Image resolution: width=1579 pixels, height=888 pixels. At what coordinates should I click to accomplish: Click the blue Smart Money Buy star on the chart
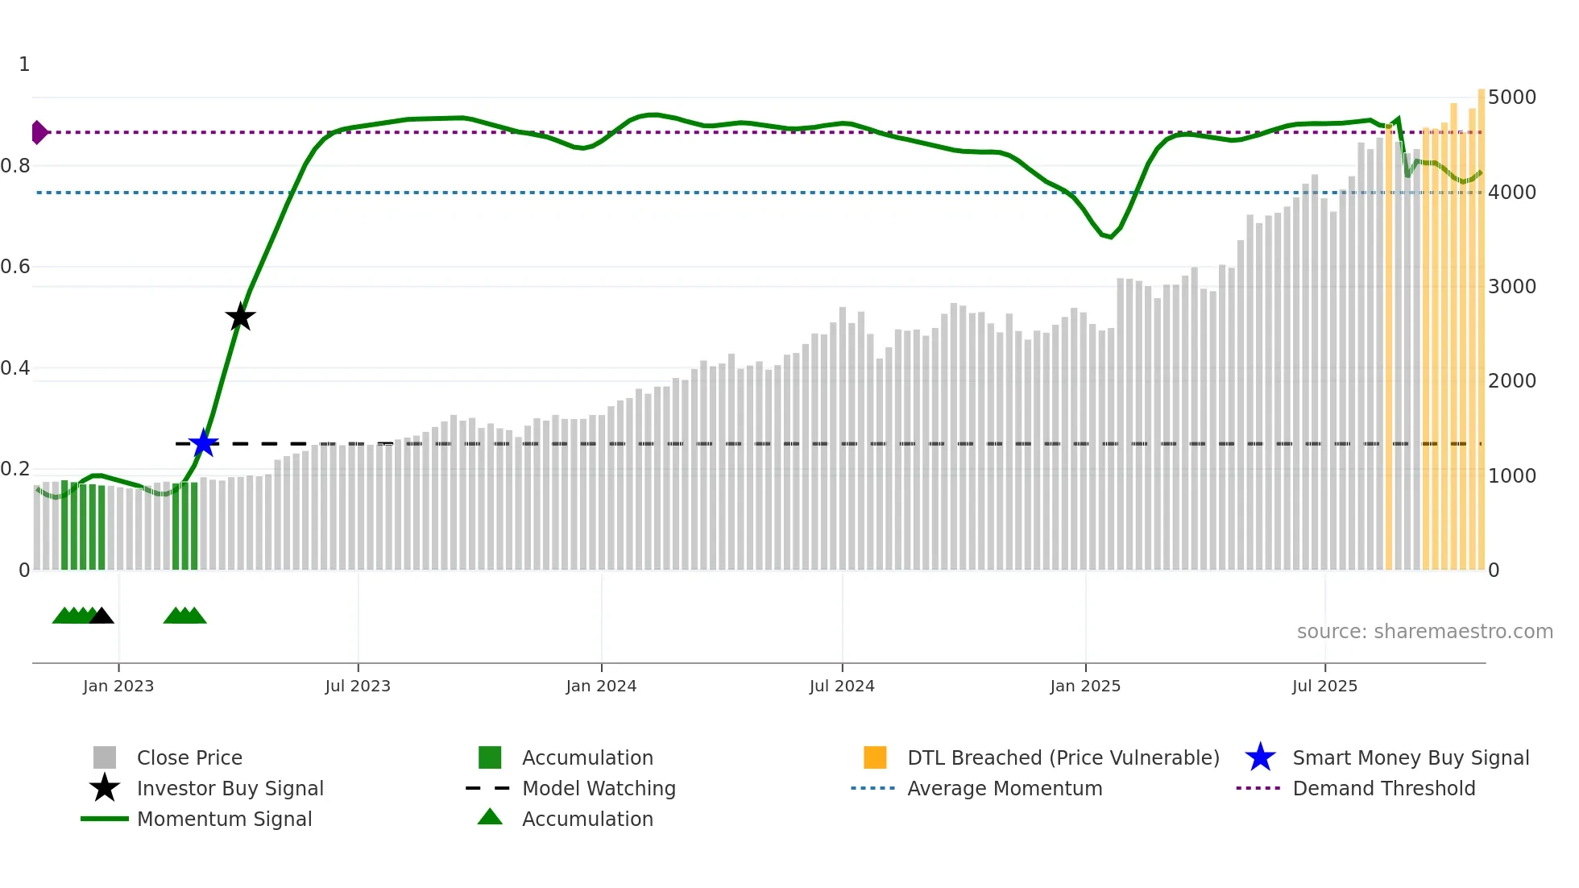204,443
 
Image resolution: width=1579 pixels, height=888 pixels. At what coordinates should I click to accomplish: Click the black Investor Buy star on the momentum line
240,317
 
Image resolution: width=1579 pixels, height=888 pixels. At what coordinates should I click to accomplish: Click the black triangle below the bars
102,616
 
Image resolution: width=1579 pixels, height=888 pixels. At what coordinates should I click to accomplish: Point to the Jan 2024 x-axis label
601,686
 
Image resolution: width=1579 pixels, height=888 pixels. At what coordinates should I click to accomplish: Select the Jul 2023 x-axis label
358,686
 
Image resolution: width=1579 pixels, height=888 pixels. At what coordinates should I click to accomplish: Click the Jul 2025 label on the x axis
1324,686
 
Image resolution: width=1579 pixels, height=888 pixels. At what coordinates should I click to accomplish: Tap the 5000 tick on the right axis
1512,98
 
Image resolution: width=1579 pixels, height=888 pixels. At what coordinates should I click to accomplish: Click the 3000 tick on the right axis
1512,287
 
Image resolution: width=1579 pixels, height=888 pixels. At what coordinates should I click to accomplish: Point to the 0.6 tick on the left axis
16,267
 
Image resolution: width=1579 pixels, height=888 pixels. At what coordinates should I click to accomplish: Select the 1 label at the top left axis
24,64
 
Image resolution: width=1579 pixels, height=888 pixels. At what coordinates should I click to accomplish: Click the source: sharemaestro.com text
1424,632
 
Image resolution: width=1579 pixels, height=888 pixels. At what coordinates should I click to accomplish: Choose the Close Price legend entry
189,757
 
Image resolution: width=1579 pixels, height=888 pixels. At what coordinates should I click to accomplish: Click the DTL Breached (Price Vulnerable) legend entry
1063,757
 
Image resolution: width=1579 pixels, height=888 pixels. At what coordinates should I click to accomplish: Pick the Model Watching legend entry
599,788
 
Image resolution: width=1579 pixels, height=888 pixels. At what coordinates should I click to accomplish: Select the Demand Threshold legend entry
1383,788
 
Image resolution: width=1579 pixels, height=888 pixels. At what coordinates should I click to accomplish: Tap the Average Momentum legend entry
1004,788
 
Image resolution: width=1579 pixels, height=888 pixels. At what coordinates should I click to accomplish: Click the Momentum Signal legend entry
224,819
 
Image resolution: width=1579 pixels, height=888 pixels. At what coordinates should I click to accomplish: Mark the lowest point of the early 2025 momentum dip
1111,237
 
